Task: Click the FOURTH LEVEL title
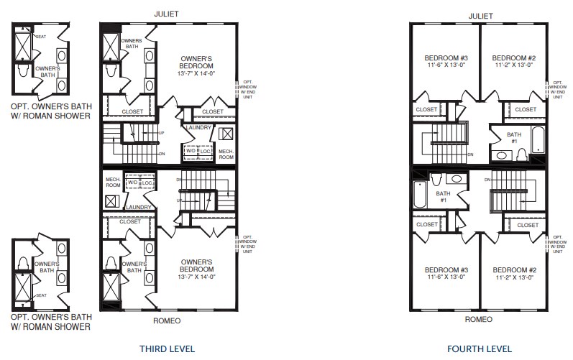[480, 349]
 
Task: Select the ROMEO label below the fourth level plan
[479, 319]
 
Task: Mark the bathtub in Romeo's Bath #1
[420, 194]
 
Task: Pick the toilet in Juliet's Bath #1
[523, 153]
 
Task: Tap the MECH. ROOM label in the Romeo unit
[112, 181]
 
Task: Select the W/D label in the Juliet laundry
[191, 152]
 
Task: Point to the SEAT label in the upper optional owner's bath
[40, 37]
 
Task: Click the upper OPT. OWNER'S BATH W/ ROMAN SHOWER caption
[50, 110]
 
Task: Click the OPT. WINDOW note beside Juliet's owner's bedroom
[248, 91]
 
